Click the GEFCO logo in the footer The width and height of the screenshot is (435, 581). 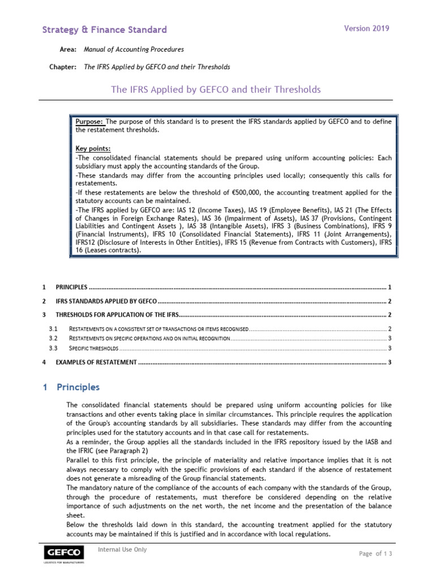65,553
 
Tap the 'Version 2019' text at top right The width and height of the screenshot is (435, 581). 366,28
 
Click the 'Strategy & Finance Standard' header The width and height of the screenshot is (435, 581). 105,30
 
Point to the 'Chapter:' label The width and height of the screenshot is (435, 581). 62,67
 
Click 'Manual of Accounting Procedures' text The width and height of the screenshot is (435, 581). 134,50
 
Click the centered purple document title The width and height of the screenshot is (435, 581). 215,90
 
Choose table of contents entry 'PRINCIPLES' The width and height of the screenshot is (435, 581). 72,287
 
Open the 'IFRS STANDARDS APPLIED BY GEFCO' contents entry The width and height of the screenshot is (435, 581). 106,301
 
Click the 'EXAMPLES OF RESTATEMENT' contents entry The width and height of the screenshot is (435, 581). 96,362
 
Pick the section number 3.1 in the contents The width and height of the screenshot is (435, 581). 53,329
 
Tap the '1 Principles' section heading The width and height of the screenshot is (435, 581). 71,388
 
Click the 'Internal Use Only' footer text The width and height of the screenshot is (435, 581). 122,549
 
